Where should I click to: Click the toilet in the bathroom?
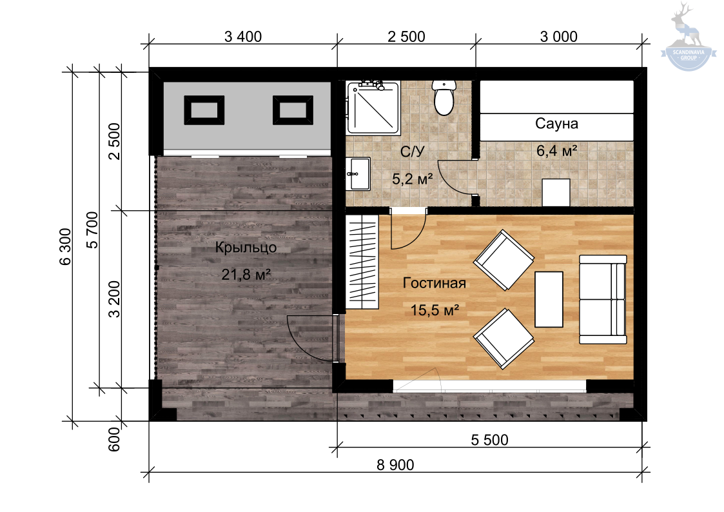pos(444,98)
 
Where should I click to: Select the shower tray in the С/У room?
pos(373,108)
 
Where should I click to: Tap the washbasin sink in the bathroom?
pos(358,174)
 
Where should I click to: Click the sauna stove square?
pos(556,193)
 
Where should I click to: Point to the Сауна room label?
pos(556,124)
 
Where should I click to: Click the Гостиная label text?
pos(434,282)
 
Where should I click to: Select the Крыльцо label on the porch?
pos(246,248)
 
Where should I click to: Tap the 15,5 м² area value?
pos(435,310)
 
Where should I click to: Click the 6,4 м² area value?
pos(556,150)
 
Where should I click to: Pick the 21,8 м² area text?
pos(246,275)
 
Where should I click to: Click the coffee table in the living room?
pos(549,299)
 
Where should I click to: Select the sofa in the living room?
pos(603,299)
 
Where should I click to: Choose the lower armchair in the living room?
pos(504,339)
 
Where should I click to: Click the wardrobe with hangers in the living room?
pos(362,262)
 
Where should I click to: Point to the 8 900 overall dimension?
pos(395,464)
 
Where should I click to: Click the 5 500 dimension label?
pos(489,440)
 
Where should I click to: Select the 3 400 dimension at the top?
pos(243,37)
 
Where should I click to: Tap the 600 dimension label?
pos(113,439)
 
